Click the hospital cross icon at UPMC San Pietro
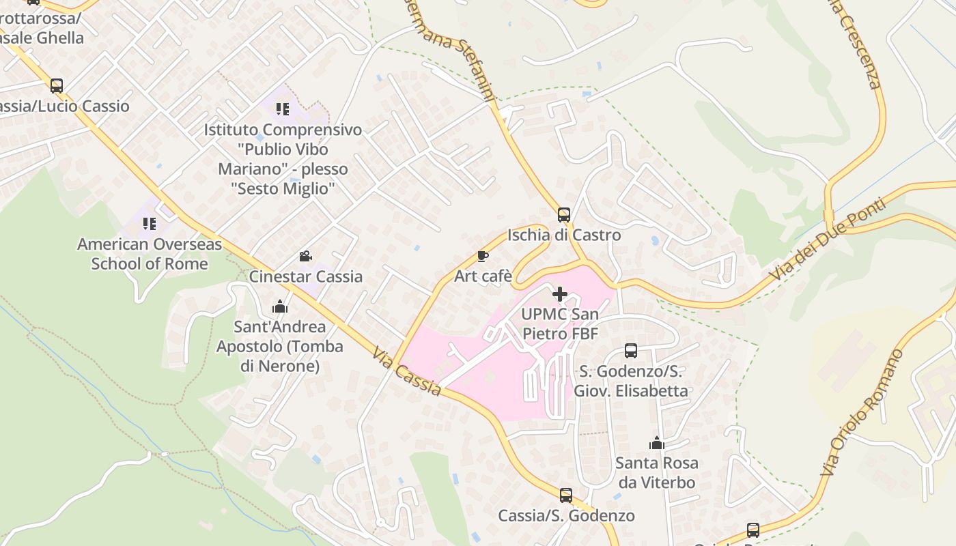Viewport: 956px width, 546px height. point(560,294)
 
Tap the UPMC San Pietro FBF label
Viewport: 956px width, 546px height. point(560,324)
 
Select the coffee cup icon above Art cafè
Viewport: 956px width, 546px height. point(483,257)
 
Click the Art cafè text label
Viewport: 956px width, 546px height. point(483,276)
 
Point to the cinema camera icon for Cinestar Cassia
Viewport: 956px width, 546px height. point(305,257)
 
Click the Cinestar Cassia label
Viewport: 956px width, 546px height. point(305,276)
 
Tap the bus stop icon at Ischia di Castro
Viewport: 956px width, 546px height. point(564,215)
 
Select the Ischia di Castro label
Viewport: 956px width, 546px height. point(564,235)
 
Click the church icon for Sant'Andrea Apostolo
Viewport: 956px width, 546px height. point(280,306)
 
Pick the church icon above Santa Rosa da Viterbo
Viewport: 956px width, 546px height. point(657,443)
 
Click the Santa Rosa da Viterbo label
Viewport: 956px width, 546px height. point(656,472)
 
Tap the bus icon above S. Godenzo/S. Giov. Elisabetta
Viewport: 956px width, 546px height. point(631,351)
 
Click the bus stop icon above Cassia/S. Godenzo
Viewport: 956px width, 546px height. point(566,495)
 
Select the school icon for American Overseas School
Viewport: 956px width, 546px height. point(150,224)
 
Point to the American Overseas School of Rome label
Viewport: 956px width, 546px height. point(150,253)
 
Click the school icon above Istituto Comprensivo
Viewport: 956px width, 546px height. point(283,109)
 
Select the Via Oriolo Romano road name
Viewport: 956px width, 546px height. point(862,412)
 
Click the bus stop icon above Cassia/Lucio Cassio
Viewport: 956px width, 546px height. point(57,86)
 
